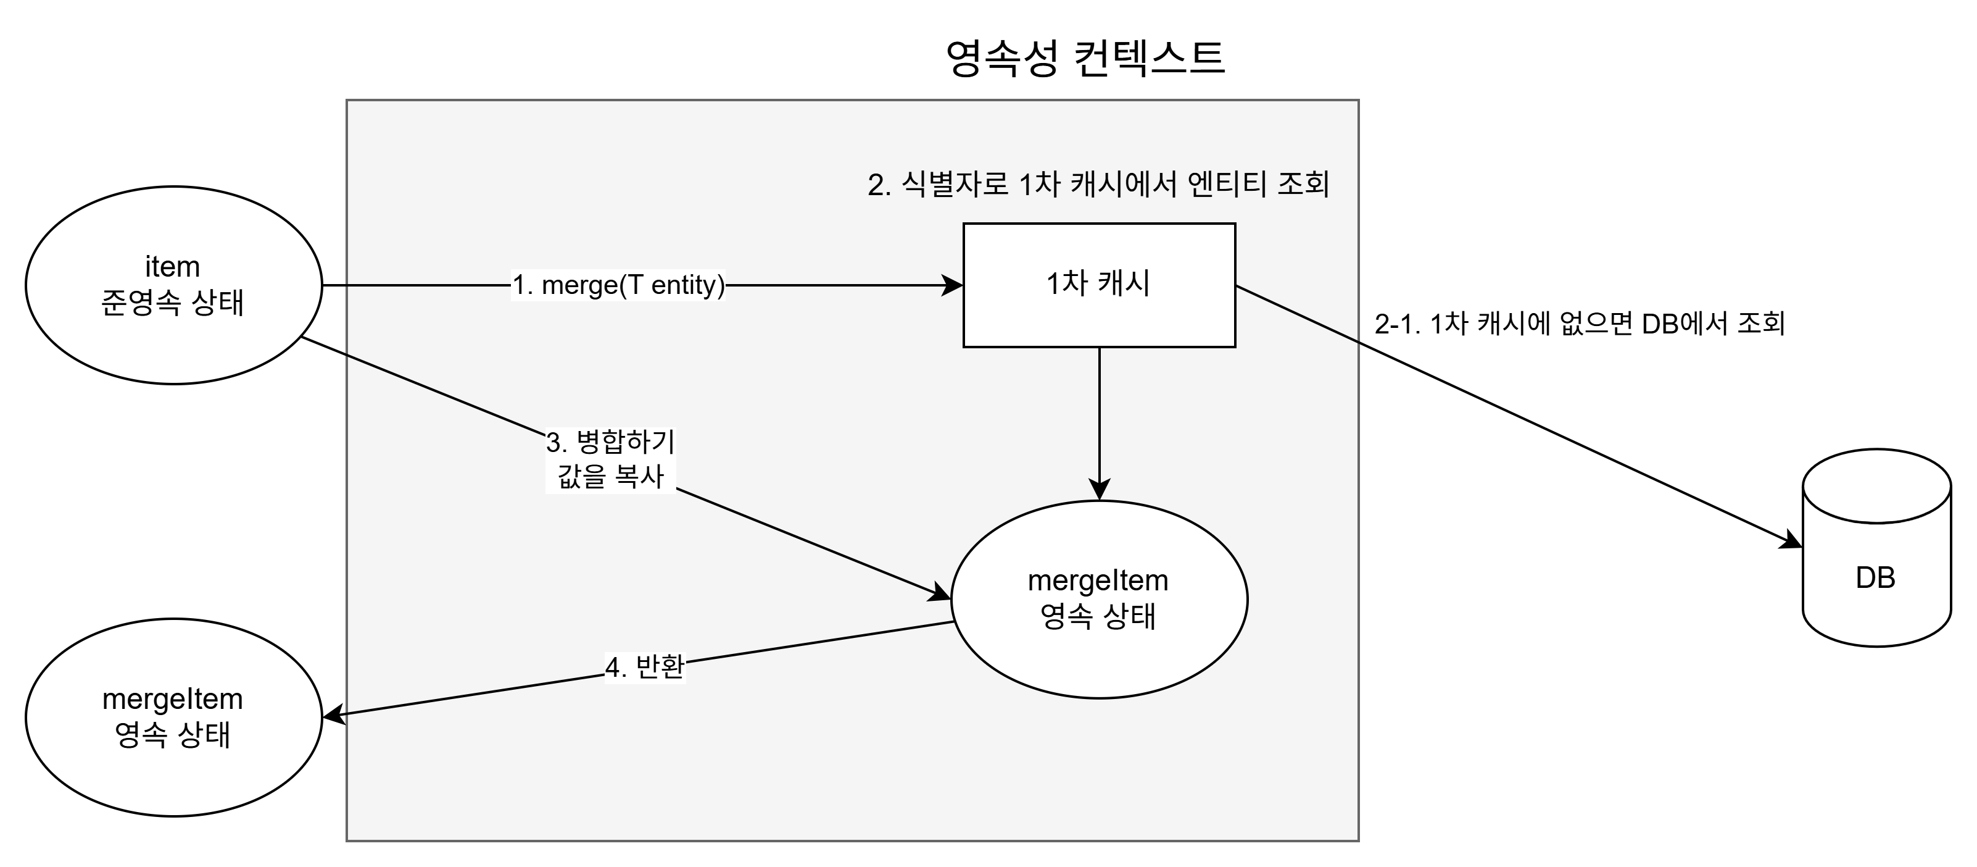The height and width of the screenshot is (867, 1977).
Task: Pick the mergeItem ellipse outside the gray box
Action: click(x=173, y=776)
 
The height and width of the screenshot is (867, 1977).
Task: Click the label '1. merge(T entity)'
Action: click(x=618, y=285)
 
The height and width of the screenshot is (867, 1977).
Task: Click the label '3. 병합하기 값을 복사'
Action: click(x=611, y=460)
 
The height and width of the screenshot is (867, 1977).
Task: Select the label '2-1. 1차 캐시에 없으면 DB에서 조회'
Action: click(x=1580, y=324)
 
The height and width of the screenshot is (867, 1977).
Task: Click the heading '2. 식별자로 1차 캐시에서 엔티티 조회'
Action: click(x=1098, y=184)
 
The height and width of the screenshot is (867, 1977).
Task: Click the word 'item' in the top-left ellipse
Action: click(x=173, y=267)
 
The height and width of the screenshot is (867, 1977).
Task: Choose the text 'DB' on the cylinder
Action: click(x=1876, y=577)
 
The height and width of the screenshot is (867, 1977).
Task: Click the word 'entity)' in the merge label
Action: click(x=687, y=285)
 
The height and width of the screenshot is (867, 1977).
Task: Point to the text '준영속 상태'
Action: click(x=173, y=303)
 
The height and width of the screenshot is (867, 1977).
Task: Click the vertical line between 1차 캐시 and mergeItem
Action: click(x=1099, y=415)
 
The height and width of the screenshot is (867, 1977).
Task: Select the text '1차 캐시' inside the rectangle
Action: click(x=1098, y=283)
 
